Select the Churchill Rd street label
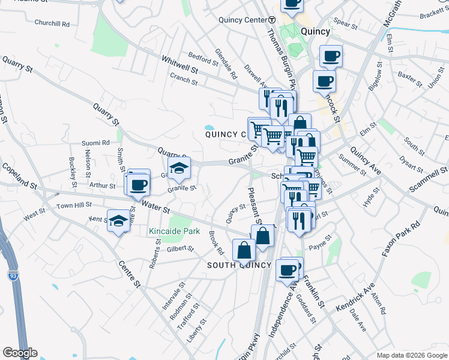click(x=52, y=23)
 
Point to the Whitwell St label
click(x=179, y=64)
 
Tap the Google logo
click(x=20, y=353)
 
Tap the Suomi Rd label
click(x=97, y=143)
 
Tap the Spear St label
click(x=345, y=25)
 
